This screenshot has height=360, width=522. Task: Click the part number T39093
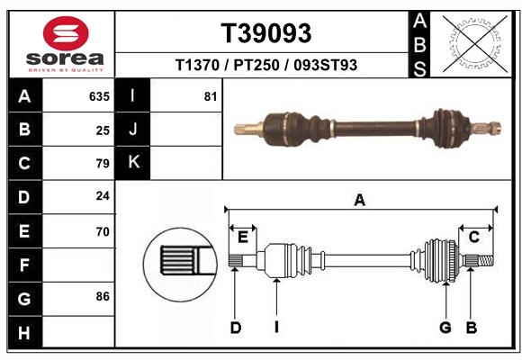[266, 33]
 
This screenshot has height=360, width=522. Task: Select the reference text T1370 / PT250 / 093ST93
[266, 66]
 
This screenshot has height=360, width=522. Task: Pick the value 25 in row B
[103, 130]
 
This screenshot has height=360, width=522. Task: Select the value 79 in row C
[103, 164]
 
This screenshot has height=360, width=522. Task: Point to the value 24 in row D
[103, 197]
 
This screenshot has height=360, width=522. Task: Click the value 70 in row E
[103, 231]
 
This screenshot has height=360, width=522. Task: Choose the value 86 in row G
[103, 296]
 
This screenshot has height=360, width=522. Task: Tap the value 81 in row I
[211, 96]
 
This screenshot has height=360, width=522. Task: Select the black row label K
[133, 163]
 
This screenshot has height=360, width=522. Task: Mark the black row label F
[24, 265]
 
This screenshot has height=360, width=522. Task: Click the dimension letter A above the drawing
[360, 201]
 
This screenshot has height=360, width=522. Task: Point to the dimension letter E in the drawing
[242, 237]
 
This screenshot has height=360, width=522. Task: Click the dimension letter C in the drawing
[473, 237]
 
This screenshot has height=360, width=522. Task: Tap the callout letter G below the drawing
[445, 328]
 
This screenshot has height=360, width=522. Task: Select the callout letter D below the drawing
[235, 328]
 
